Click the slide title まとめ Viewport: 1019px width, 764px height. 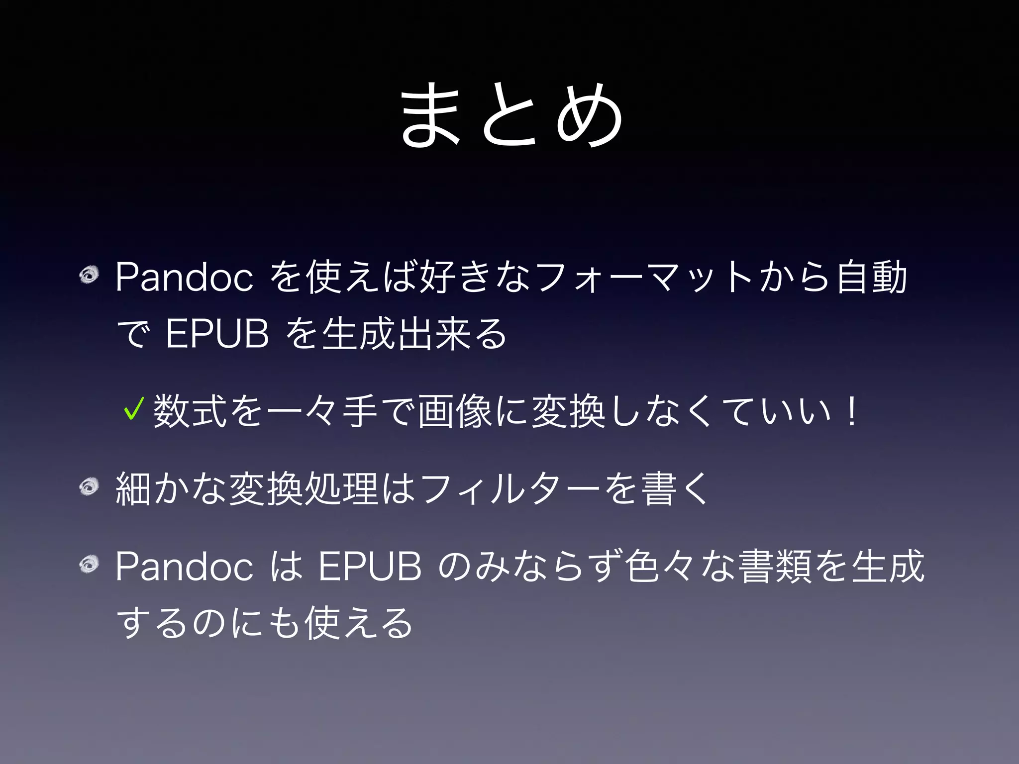click(x=511, y=115)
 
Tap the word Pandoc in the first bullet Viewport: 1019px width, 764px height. click(x=184, y=278)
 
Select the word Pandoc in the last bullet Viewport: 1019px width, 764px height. click(x=184, y=567)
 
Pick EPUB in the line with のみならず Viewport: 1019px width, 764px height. click(x=370, y=567)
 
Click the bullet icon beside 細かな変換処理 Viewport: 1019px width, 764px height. click(x=90, y=487)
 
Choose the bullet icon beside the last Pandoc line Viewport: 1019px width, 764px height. click(x=90, y=565)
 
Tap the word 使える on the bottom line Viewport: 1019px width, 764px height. click(x=358, y=623)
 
